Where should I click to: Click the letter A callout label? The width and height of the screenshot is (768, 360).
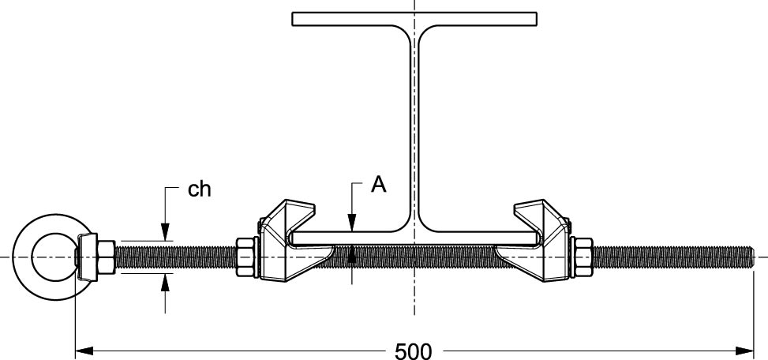(379, 185)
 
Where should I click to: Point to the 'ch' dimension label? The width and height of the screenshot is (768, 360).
(199, 189)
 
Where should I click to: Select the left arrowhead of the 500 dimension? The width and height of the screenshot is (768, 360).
(83, 348)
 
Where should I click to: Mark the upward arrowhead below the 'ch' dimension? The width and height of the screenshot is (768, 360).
(165, 280)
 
